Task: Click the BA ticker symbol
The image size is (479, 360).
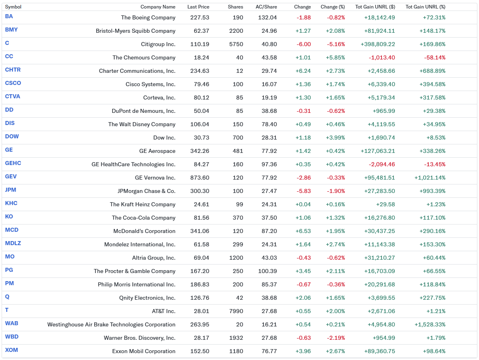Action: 9,17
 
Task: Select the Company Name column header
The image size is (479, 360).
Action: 158,7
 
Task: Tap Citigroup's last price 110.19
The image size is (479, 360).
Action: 200,44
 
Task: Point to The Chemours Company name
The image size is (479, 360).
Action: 144,57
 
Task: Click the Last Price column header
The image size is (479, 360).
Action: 198,7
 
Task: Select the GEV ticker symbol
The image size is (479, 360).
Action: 11,177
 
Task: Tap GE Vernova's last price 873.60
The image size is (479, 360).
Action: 200,178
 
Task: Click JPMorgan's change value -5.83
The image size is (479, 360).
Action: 303,191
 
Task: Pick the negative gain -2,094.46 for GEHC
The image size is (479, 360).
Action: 382,164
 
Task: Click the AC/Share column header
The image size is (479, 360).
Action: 266,7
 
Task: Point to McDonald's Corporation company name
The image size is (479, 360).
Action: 144,231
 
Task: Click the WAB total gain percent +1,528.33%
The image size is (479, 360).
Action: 430,324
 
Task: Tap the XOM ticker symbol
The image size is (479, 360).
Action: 11,350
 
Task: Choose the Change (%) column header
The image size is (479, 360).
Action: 333,7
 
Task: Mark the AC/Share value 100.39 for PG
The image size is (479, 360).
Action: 267,271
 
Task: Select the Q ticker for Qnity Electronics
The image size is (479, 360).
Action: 7,297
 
